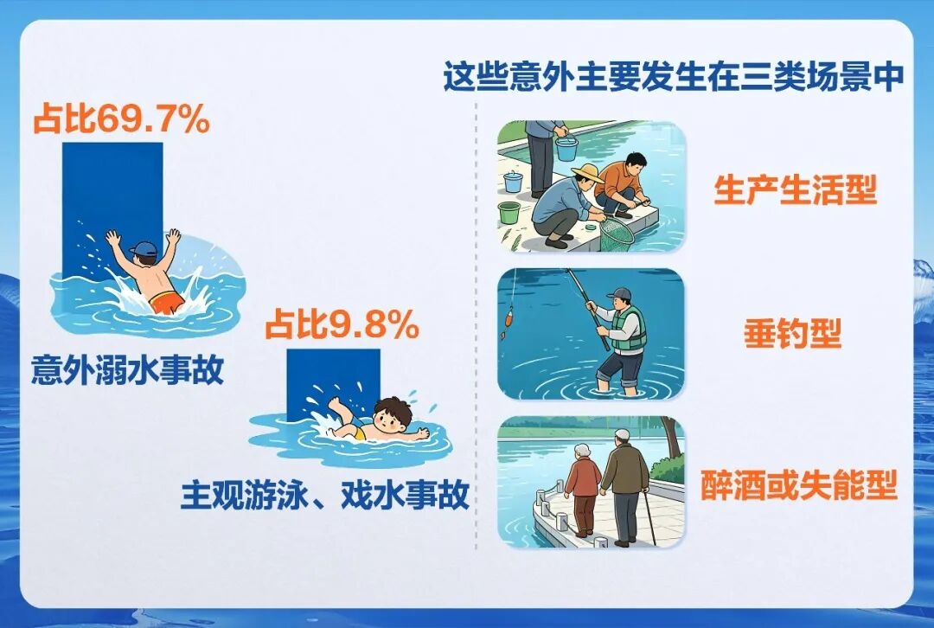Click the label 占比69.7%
pyautogui.click(x=122, y=119)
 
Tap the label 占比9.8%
pyautogui.click(x=342, y=325)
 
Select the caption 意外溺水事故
pyautogui.click(x=127, y=369)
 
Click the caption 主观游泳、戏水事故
pyautogui.click(x=325, y=495)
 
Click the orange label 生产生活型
pyautogui.click(x=796, y=190)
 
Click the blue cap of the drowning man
pyautogui.click(x=144, y=248)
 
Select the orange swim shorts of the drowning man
pyautogui.click(x=166, y=302)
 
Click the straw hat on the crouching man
pyautogui.click(x=587, y=173)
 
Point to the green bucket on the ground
pyautogui.click(x=509, y=212)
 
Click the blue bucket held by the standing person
pyautogui.click(x=566, y=149)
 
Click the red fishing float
pyautogui.click(x=509, y=317)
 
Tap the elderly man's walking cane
pyautogui.click(x=649, y=516)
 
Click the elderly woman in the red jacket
pyautogui.click(x=583, y=490)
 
